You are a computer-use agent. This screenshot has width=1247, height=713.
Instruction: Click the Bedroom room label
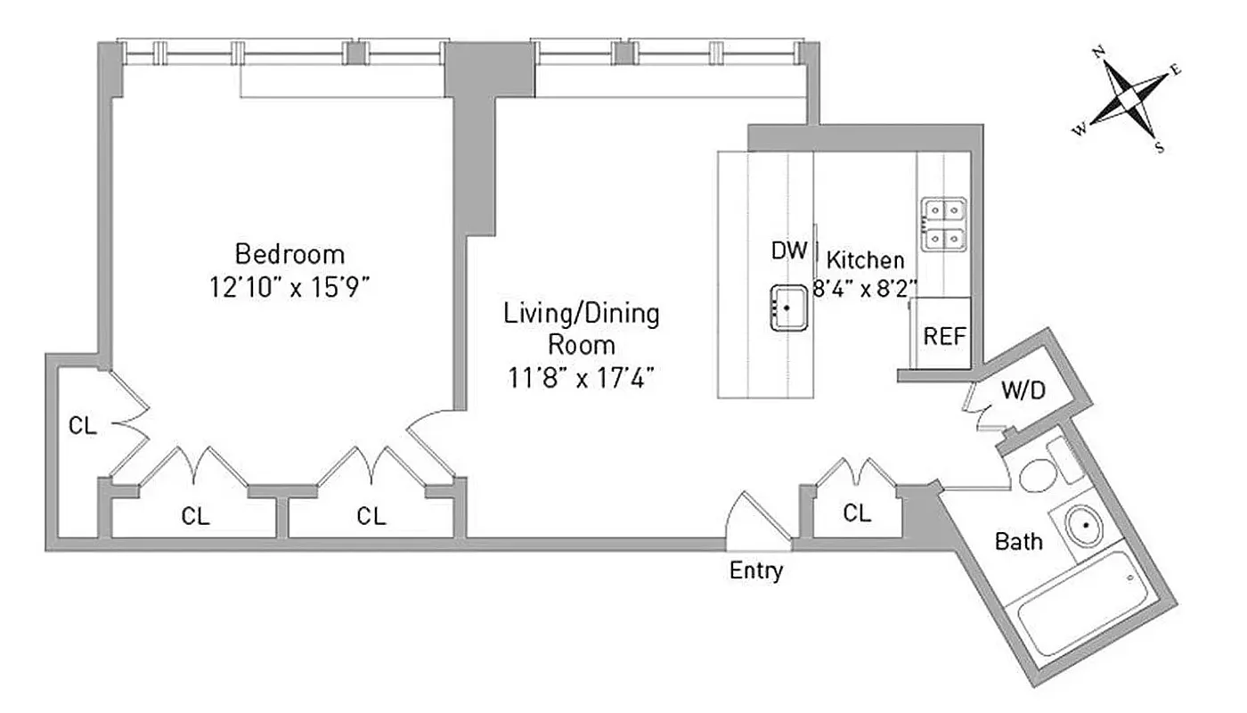point(289,254)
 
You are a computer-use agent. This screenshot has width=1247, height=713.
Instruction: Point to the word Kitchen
point(866,260)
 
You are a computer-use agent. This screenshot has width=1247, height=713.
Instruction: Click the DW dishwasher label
point(789,250)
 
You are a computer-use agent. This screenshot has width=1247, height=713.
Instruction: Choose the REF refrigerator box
point(944,335)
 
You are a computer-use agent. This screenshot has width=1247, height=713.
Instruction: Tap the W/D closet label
point(1023,390)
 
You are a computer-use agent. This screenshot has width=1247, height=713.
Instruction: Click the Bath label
point(1019,541)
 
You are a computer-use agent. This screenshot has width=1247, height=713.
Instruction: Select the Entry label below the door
point(756,570)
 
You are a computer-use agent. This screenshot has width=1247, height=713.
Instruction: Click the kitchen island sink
point(787,308)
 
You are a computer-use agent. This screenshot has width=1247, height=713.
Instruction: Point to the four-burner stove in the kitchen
point(943,224)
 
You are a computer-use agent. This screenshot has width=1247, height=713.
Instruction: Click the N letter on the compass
point(1099,53)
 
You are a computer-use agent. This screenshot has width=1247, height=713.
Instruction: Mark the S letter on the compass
point(1160,148)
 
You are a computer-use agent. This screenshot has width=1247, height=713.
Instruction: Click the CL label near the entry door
point(857,512)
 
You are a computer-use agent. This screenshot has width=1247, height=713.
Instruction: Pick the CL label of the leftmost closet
point(83,426)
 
